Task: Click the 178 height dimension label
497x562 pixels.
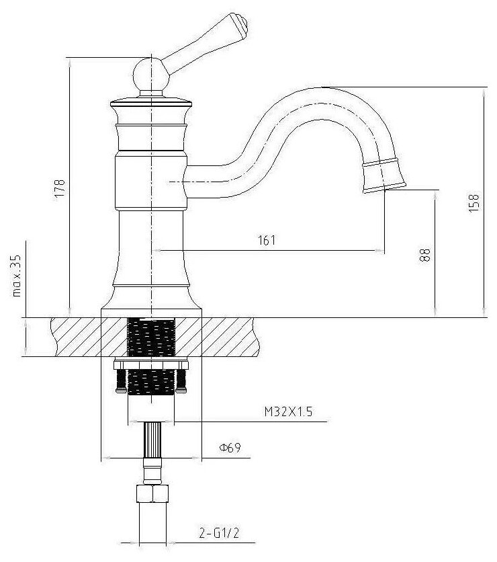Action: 60,186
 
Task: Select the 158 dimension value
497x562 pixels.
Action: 475,202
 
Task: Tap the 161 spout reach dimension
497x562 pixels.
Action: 267,240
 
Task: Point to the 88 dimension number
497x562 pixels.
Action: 424,253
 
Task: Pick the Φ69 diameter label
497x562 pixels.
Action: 229,447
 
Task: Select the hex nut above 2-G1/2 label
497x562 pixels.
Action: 151,495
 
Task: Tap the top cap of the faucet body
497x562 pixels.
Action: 151,102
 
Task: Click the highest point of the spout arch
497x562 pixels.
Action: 336,87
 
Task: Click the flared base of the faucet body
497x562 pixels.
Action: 151,296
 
